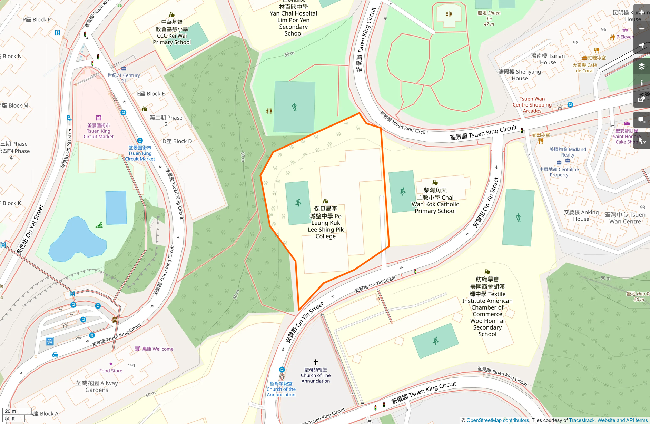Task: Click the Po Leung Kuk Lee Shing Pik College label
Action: (326, 222)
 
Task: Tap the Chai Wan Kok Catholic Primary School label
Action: (435, 201)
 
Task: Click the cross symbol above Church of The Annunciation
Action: (315, 362)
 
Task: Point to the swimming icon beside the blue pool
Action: (99, 225)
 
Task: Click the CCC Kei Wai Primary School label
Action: (172, 32)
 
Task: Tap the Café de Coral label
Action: (585, 68)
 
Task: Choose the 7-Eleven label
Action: (625, 37)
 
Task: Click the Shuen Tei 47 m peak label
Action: (489, 18)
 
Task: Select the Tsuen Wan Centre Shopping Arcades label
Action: (532, 105)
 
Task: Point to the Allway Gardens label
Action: (97, 386)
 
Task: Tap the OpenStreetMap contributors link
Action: (498, 420)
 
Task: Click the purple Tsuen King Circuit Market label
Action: (98, 131)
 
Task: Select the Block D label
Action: (177, 141)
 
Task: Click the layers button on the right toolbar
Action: (641, 66)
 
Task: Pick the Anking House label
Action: (581, 215)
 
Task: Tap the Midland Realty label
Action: (568, 152)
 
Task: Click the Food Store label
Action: (111, 371)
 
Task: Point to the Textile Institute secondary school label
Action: (487, 307)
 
